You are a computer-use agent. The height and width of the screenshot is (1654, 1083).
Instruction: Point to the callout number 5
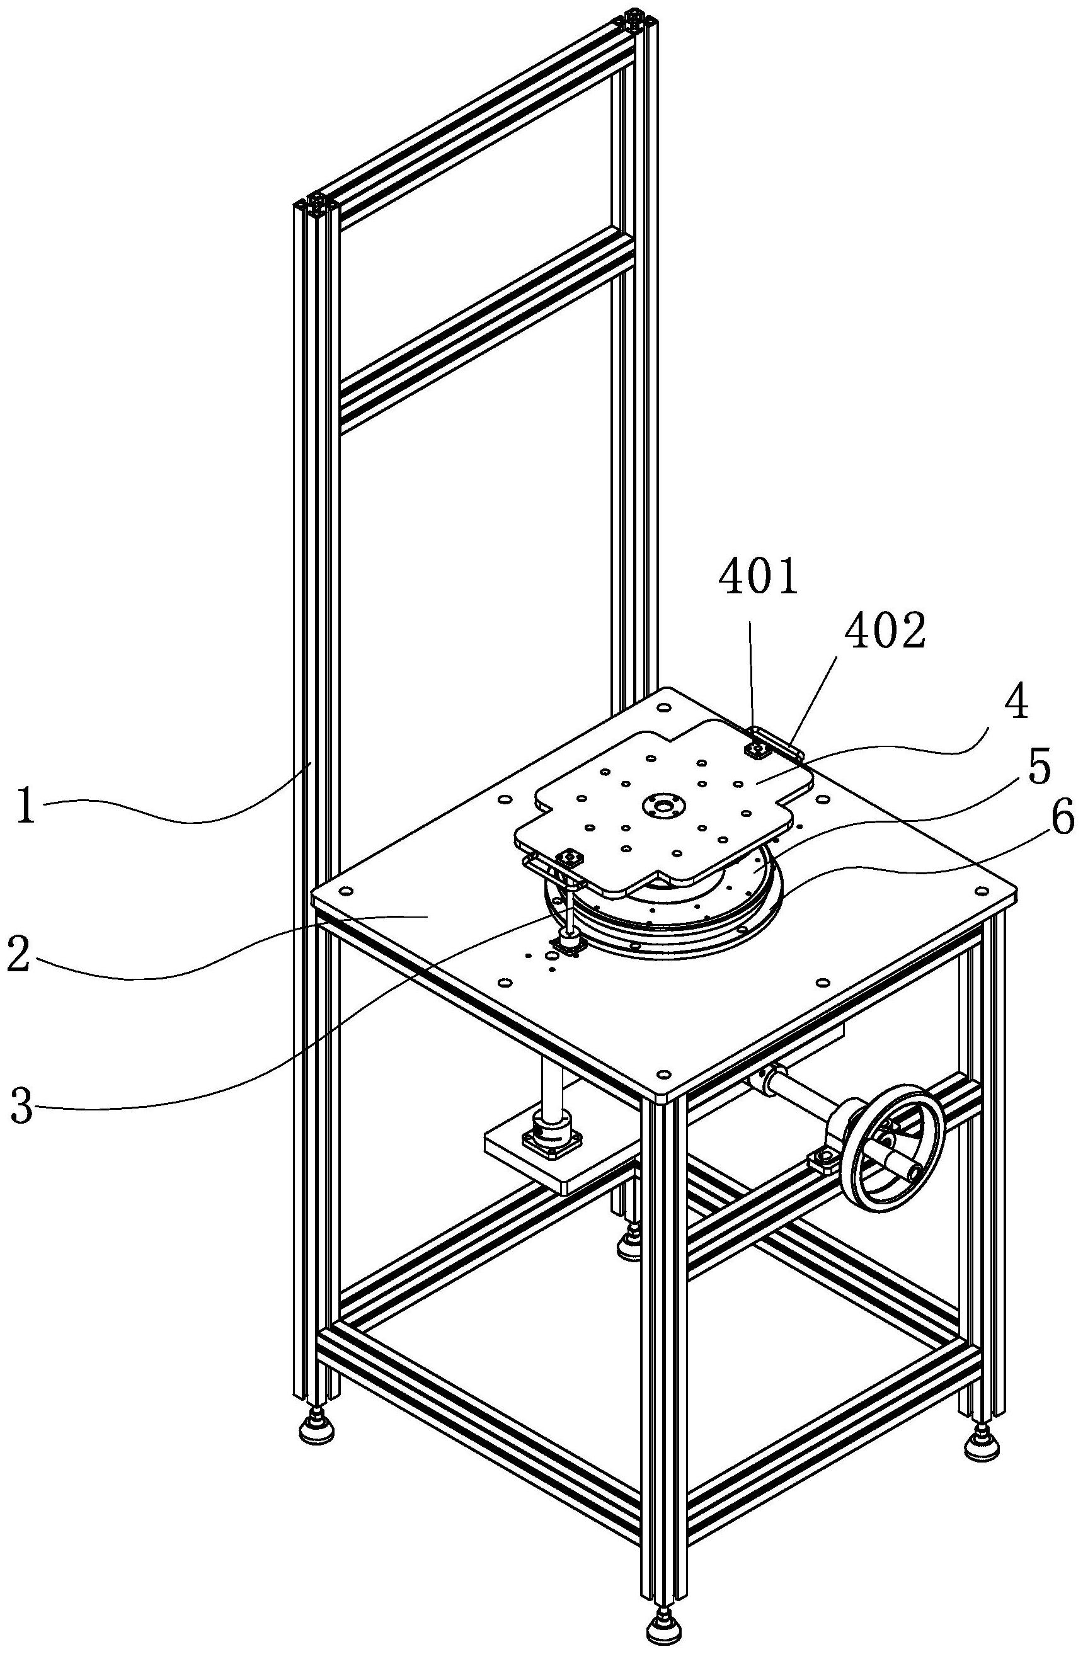click(1038, 772)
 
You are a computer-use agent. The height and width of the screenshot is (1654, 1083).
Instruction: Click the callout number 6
click(1061, 821)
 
